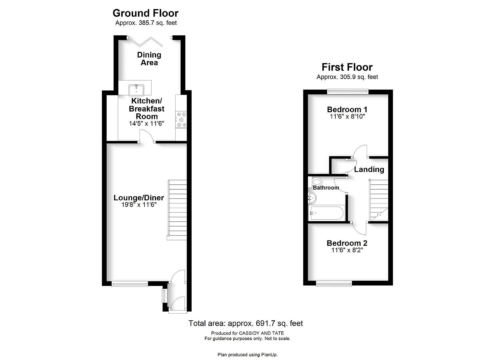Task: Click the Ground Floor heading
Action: (145, 13)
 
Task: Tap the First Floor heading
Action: (347, 67)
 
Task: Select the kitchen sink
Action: (136, 90)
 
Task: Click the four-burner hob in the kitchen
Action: (181, 120)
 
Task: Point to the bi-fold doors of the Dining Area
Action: (145, 42)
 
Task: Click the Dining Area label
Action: (149, 59)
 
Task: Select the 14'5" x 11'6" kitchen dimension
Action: (147, 124)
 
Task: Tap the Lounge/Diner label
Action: (139, 198)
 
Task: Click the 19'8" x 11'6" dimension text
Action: (139, 205)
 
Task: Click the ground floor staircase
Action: (177, 210)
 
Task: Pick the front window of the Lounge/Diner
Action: (130, 284)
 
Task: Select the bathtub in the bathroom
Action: (327, 213)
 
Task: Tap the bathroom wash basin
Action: (312, 198)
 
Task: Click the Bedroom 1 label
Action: (347, 109)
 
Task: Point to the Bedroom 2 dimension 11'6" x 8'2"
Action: (347, 250)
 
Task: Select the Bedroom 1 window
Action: (348, 91)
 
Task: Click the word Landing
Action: (369, 170)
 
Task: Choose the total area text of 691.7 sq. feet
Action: (246, 323)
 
